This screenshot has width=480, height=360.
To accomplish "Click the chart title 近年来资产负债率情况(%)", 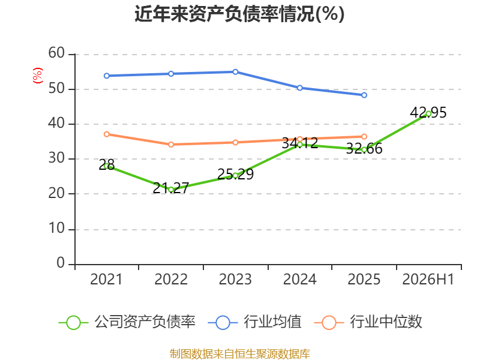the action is click(x=239, y=14).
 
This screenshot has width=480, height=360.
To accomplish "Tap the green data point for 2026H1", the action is click(x=428, y=113).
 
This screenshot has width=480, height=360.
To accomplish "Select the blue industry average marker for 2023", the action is click(x=235, y=72).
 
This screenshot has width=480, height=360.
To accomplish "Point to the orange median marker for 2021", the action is click(x=107, y=134).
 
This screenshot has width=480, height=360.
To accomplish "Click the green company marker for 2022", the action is click(x=171, y=190).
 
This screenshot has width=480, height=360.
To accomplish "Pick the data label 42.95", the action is click(x=428, y=113).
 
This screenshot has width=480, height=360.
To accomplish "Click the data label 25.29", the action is click(x=235, y=175).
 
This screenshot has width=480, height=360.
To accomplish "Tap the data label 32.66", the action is click(x=364, y=149).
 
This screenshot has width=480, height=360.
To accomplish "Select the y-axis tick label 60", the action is click(x=56, y=53).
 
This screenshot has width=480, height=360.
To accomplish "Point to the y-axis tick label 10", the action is click(x=56, y=229).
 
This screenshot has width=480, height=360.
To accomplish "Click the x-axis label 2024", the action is click(x=299, y=279).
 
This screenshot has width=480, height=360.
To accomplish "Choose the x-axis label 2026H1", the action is click(x=428, y=279).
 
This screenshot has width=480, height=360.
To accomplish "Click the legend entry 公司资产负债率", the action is click(x=127, y=322).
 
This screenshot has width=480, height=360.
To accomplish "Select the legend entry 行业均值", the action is click(x=254, y=322).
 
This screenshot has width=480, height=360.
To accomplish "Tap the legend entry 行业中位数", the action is click(x=368, y=322).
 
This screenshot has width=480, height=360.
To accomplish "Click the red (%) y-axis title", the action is click(x=38, y=76).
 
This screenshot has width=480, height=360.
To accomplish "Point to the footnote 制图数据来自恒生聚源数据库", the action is click(x=240, y=354).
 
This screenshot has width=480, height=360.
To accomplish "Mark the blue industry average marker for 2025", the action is click(x=364, y=95).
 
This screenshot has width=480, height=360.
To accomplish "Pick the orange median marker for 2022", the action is click(x=171, y=144).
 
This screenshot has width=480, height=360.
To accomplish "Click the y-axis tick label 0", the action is click(x=61, y=263).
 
